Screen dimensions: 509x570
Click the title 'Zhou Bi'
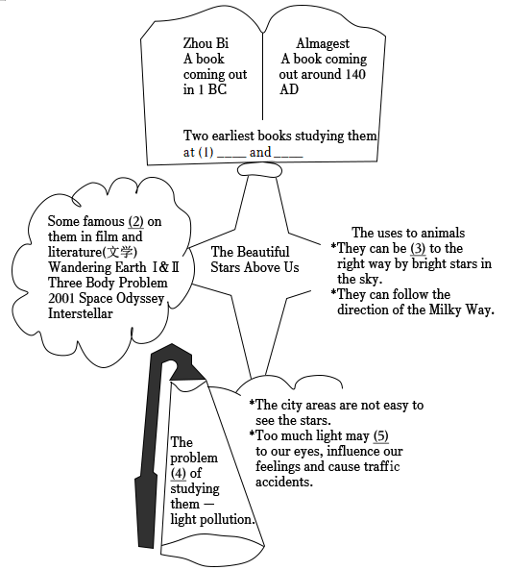(x=206, y=43)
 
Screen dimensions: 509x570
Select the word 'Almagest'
(x=323, y=43)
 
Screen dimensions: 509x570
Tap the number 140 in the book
(x=355, y=74)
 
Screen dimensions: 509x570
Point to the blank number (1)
(x=206, y=152)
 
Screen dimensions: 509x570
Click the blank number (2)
(x=135, y=221)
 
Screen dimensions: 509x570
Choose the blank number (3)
(x=418, y=248)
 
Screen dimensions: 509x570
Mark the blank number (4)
(x=179, y=473)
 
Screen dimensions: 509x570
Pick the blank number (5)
(x=380, y=435)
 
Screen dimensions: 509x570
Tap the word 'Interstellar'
(x=81, y=313)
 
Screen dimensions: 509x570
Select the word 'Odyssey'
(x=140, y=298)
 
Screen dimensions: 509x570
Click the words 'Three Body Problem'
(x=108, y=283)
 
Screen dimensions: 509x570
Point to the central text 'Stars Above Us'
(x=254, y=267)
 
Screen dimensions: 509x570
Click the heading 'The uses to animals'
(x=408, y=233)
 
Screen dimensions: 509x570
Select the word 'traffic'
(x=381, y=466)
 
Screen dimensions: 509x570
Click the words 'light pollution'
(x=210, y=519)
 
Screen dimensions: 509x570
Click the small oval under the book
(x=259, y=170)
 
